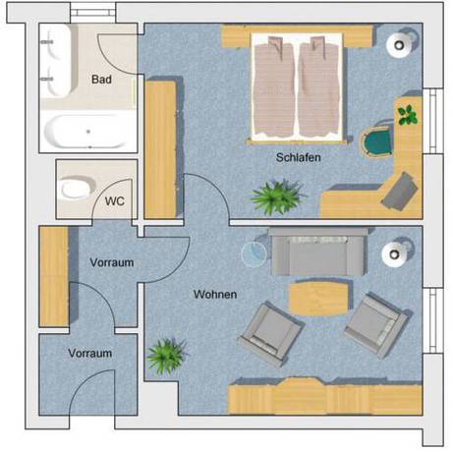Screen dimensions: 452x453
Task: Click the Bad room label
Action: (101, 79)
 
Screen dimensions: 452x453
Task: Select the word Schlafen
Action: (299, 157)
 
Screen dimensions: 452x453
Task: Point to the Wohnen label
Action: (214, 294)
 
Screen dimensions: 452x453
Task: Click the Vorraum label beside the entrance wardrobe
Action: (111, 263)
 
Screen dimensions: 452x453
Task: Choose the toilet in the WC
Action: (75, 187)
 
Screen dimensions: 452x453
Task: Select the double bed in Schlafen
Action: (297, 85)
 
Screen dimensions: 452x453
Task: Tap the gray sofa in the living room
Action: (317, 254)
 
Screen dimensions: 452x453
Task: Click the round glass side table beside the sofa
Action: (255, 254)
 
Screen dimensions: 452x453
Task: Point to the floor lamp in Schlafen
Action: (400, 42)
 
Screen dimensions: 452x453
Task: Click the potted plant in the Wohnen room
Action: (165, 355)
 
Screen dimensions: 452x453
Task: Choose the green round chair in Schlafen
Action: (375, 143)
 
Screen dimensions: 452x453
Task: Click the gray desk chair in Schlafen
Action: (399, 189)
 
